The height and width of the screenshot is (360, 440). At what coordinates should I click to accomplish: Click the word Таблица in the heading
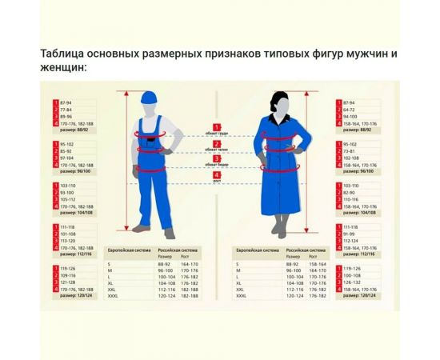coord(62,54)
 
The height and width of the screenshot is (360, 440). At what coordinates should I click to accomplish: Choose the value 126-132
coord(353,282)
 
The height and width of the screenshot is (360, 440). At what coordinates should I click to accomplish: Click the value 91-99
coord(350,233)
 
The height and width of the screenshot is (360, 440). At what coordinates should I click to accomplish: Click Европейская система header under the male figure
coord(129,250)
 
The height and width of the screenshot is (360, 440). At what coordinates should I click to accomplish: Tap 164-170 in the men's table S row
coord(189,263)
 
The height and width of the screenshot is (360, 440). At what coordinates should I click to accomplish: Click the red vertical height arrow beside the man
coord(126,168)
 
